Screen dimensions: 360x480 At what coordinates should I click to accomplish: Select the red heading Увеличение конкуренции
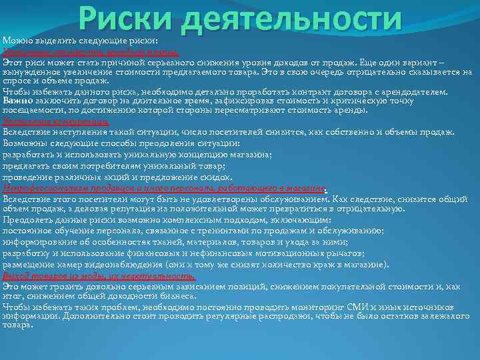(x=57, y=122)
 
